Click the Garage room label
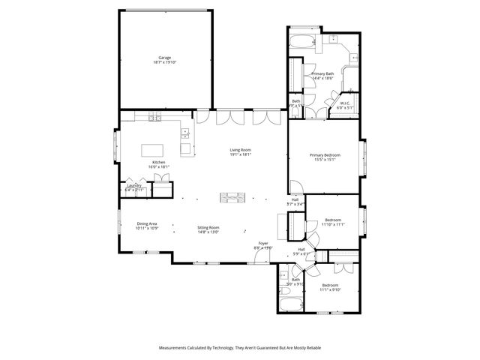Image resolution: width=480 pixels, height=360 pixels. pyautogui.click(x=164, y=58)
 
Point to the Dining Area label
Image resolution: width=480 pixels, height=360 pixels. pyautogui.click(x=146, y=223)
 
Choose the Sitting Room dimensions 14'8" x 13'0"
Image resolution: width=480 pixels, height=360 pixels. pyautogui.click(x=208, y=232)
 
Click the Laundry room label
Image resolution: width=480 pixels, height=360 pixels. pyautogui.click(x=134, y=185)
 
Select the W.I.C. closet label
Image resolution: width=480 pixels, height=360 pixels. pyautogui.click(x=346, y=103)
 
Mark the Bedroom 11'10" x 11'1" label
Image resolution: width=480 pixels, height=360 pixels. pyautogui.click(x=332, y=224)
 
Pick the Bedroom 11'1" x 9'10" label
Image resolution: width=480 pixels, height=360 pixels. pyautogui.click(x=330, y=289)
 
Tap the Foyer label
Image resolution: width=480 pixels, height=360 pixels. pyautogui.click(x=263, y=244)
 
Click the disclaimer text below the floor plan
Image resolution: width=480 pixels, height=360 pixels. pyautogui.click(x=240, y=348)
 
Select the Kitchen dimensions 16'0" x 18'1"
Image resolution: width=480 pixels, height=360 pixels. pyautogui.click(x=159, y=166)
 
